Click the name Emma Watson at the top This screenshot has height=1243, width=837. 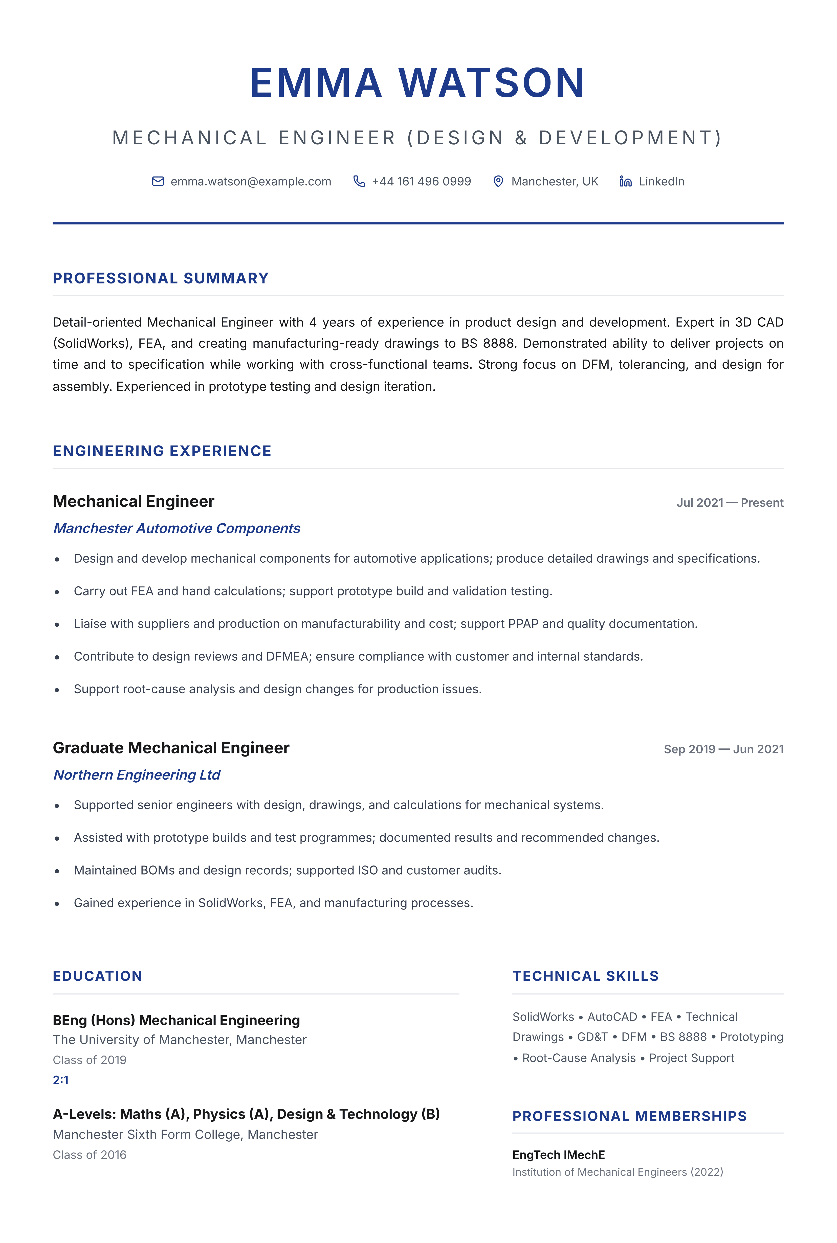(x=418, y=83)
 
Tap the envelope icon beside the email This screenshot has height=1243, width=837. (x=158, y=182)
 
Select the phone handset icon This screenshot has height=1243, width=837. (x=359, y=182)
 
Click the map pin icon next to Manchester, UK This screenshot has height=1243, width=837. (x=498, y=182)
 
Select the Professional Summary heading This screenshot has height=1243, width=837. (x=161, y=278)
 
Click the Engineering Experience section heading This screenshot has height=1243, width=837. (x=162, y=451)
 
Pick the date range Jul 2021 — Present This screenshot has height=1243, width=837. (x=730, y=503)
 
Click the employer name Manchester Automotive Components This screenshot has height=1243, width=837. (x=177, y=528)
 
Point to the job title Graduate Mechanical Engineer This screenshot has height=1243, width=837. (x=171, y=748)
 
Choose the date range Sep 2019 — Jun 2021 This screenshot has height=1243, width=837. (x=723, y=749)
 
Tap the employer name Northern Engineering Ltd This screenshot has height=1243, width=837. (x=137, y=775)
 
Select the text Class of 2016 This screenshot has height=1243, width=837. (x=90, y=1155)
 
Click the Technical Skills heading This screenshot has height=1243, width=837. (x=586, y=976)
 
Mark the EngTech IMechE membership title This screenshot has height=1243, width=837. (x=558, y=1155)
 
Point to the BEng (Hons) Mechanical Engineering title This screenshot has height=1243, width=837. (x=176, y=1020)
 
